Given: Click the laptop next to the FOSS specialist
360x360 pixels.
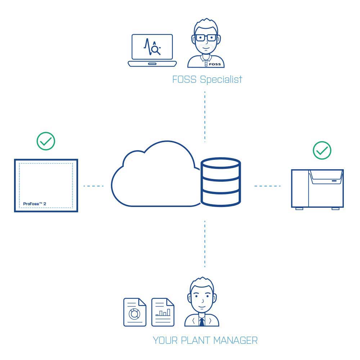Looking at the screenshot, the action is [152, 50].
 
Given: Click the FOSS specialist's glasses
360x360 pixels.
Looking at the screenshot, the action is [206, 38].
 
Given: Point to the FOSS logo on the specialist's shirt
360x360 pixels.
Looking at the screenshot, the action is [215, 64].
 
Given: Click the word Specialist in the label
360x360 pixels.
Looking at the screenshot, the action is [221, 80].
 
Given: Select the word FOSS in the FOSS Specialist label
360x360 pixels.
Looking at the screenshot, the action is [184, 80].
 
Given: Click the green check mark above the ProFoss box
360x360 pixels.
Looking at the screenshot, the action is [46, 141].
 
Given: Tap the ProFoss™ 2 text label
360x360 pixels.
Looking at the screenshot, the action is [35, 204].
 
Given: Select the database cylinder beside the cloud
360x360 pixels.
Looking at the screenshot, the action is [221, 182].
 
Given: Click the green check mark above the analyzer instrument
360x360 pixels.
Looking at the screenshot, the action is [322, 150].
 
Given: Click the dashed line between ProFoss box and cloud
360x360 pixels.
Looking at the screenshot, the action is [94, 186].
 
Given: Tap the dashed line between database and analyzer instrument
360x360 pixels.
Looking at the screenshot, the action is [267, 186].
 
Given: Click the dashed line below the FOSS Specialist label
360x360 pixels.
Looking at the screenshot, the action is [205, 117].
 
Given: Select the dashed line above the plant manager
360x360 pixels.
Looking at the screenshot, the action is [205, 244].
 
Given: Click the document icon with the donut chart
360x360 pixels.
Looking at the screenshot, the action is [135, 312].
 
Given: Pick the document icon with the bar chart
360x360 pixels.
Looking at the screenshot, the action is [163, 312].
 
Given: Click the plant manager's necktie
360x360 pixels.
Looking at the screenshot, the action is [202, 322].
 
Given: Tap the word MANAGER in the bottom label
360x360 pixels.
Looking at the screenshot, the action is [235, 341].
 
